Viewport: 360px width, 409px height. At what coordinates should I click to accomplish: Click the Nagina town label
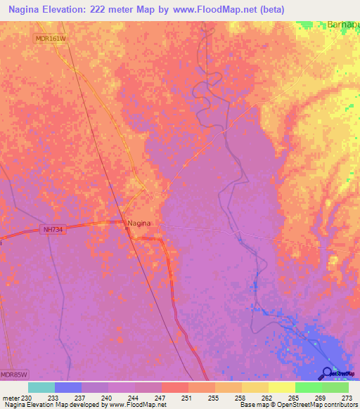coord(140,223)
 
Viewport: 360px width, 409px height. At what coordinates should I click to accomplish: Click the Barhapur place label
coord(343,25)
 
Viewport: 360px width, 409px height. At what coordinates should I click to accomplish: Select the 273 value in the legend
coord(347,397)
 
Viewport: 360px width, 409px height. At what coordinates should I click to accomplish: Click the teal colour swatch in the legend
coord(41,387)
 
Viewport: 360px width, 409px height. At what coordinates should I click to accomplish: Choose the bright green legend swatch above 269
coord(308,387)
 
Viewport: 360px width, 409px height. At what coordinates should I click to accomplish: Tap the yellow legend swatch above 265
coord(281,387)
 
